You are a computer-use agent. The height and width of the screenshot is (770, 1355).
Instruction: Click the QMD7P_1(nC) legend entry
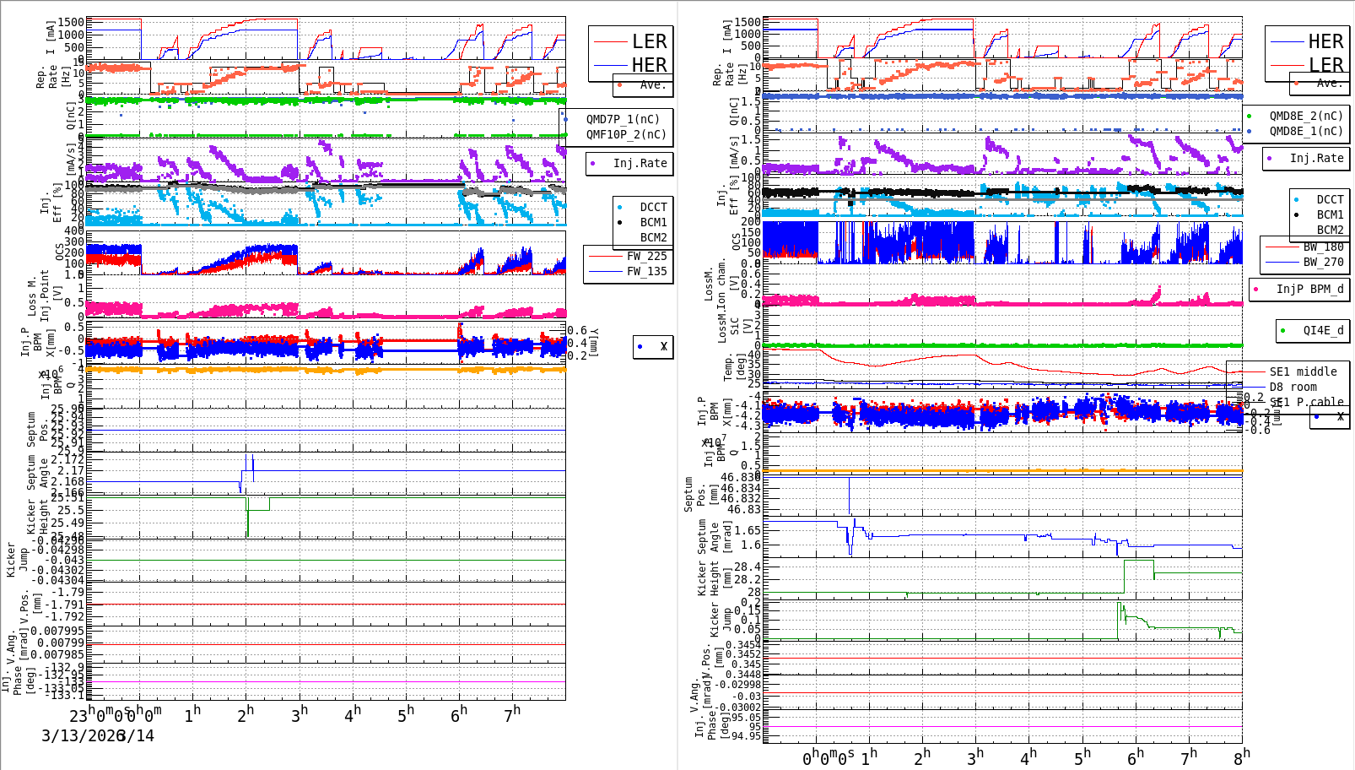click(x=623, y=119)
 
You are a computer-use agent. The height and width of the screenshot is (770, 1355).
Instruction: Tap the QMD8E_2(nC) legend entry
click(x=1305, y=116)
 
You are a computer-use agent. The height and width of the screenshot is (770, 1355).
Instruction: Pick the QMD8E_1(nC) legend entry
click(x=1305, y=131)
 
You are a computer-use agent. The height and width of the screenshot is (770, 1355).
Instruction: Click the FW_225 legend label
click(x=646, y=256)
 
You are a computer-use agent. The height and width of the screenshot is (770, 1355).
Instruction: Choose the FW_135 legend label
click(x=646, y=271)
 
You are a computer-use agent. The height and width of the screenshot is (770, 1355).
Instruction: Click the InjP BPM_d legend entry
click(x=1309, y=289)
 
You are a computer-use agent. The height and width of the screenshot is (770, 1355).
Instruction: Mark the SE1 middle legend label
click(x=1303, y=371)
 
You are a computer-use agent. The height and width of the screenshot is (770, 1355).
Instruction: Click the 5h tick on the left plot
click(x=407, y=714)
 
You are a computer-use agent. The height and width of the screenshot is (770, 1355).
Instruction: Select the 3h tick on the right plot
click(x=975, y=757)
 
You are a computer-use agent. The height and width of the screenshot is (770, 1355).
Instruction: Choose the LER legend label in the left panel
click(x=649, y=41)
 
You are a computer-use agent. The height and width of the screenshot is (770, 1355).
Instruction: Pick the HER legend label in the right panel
click(x=1325, y=41)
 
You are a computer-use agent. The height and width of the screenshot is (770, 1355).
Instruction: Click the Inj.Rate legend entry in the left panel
click(x=640, y=163)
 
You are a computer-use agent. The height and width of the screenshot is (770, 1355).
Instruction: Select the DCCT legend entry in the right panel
click(x=1330, y=200)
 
